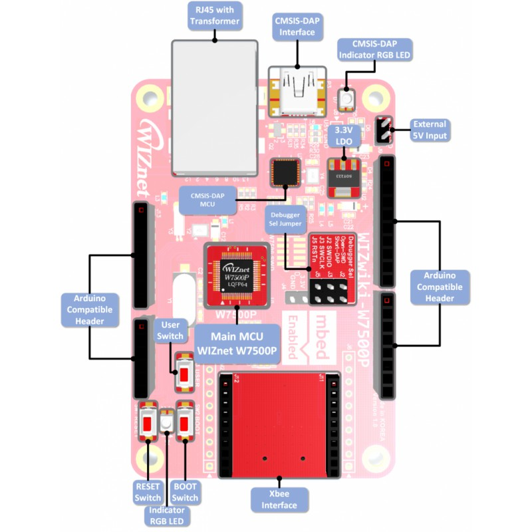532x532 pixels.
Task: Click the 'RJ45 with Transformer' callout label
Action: (214, 15)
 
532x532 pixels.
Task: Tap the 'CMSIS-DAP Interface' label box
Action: (297, 26)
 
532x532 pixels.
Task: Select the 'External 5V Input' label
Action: (430, 130)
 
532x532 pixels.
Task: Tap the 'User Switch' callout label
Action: (169, 330)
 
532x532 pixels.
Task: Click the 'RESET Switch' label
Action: (148, 492)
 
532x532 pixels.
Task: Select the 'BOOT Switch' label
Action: (185, 492)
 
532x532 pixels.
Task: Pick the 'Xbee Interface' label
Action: (279, 499)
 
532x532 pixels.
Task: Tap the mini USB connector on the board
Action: (298, 93)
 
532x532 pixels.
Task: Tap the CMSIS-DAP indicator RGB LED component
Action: (346, 100)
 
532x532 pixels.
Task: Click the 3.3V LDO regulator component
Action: (344, 178)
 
